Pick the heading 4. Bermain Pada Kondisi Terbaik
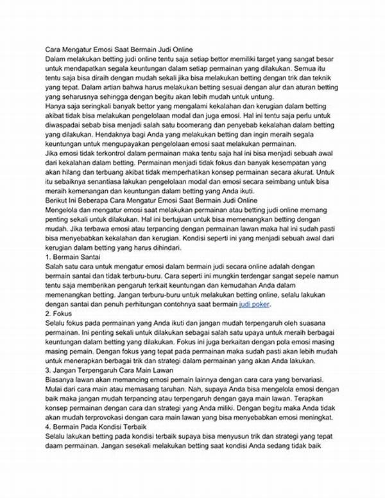tap(98, 427)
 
